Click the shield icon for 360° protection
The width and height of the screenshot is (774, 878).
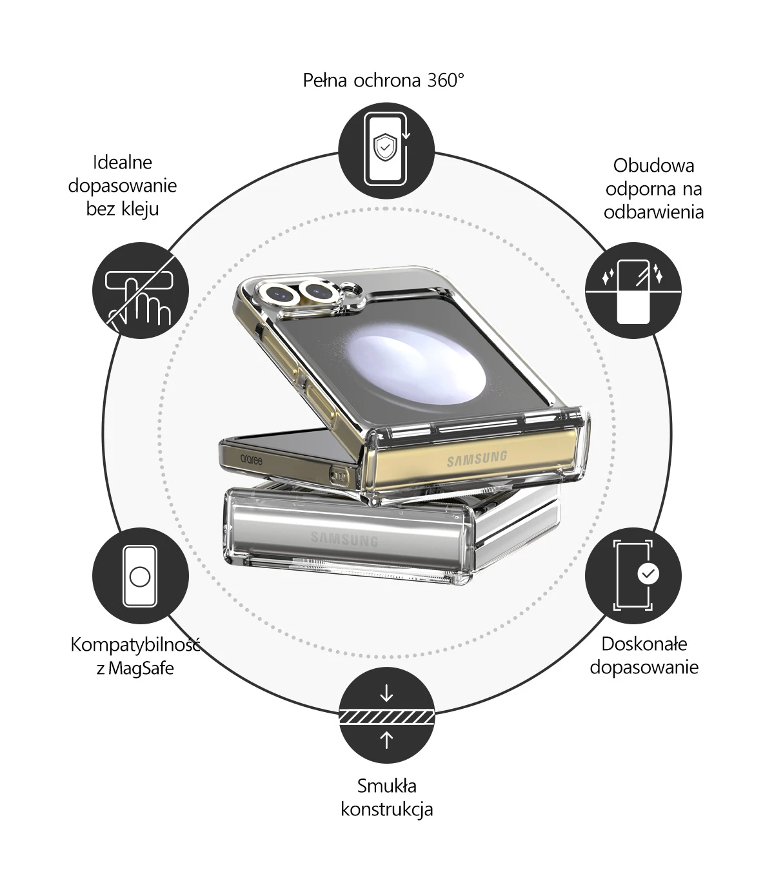tap(386, 150)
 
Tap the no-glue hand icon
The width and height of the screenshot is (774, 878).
tap(141, 291)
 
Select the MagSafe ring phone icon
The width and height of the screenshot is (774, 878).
tap(141, 576)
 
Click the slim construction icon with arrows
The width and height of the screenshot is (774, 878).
tap(386, 715)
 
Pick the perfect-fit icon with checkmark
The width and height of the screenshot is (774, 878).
tap(633, 576)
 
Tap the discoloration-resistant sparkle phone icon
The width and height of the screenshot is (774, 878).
tap(633, 291)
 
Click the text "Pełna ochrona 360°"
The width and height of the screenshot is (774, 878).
tap(383, 81)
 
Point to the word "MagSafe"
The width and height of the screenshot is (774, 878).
tap(141, 668)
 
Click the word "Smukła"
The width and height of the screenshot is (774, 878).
tap(387, 786)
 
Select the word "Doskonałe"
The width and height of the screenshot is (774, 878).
tap(644, 644)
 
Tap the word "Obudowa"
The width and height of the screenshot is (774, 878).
tap(653, 165)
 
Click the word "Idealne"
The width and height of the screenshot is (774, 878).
tap(123, 163)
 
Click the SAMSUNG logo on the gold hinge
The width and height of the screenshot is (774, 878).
tap(477, 458)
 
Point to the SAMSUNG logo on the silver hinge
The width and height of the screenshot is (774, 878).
tap(344, 539)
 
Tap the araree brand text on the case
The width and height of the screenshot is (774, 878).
tap(251, 460)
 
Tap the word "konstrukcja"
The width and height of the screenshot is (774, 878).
tap(387, 810)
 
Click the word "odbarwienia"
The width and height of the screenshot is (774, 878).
tap(653, 212)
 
